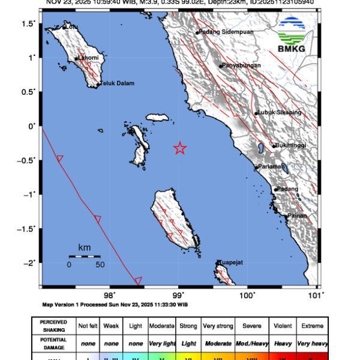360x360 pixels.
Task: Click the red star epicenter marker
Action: point(179,148)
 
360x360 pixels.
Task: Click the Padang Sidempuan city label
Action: point(226,32)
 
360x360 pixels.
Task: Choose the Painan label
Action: point(297,215)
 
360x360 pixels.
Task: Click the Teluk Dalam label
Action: point(116,83)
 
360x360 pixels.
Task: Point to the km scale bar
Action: point(84,257)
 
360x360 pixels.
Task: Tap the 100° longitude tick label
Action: point(248,295)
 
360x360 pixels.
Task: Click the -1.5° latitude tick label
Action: point(29,229)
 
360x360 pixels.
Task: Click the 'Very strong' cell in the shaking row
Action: point(218,326)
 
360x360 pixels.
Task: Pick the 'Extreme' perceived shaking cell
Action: point(311,326)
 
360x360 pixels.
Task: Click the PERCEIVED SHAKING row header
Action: point(54,326)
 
